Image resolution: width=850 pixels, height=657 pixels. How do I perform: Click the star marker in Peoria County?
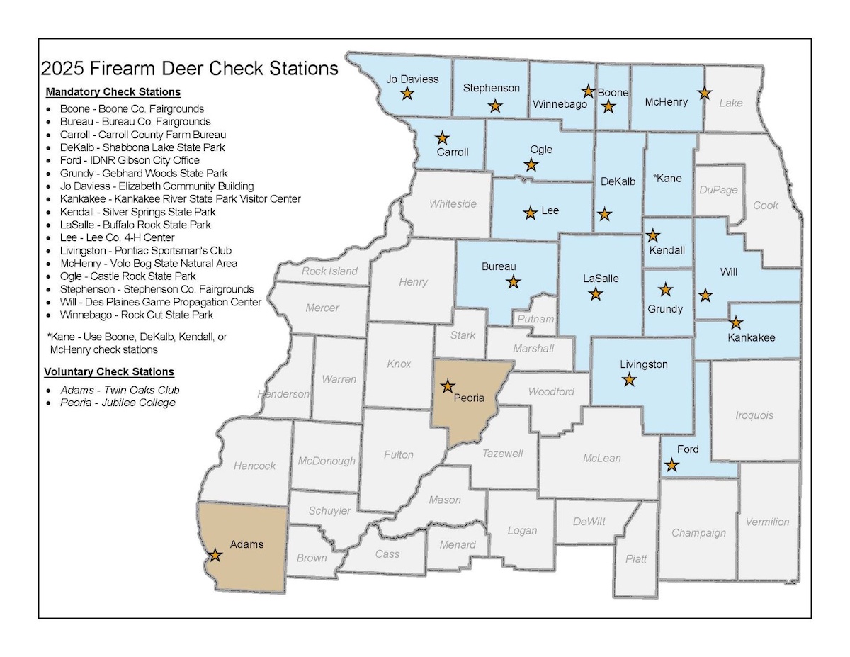coord(448,386)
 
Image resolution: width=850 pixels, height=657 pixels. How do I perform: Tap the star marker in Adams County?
coord(215,556)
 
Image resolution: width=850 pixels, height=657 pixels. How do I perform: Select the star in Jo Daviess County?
coord(407,94)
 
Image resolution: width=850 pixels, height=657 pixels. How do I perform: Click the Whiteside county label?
coord(453,204)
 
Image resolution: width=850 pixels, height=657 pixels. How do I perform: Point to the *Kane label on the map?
coord(667,178)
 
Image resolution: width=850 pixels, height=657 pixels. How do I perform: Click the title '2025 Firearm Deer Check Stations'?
coord(190,69)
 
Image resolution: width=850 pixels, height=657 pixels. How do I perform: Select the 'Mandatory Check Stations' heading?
coord(113,92)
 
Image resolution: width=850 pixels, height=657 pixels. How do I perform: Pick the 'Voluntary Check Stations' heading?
coord(108,371)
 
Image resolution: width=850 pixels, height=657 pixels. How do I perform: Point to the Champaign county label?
coord(698,533)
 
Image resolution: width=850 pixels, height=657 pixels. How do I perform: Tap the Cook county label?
coord(766,206)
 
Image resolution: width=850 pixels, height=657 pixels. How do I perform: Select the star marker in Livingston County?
coord(629,381)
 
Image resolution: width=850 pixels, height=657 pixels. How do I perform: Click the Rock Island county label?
coord(329,271)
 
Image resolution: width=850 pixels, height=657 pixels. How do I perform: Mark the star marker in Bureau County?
coord(514,282)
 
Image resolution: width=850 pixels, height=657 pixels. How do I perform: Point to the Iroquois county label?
coord(754,415)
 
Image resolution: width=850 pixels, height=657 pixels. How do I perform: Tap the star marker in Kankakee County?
coord(736,323)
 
